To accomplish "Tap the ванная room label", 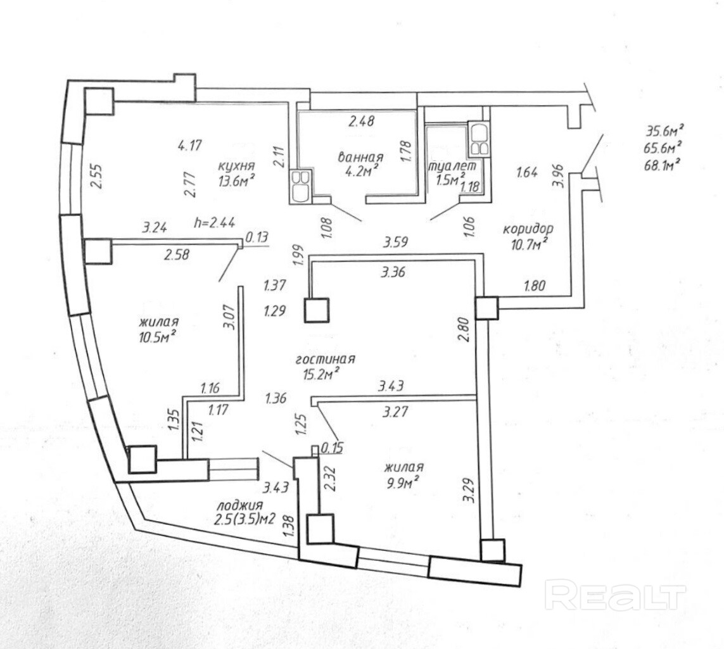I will [x=362, y=158].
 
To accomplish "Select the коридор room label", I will [x=528, y=229].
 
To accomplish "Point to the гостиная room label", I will [x=326, y=359].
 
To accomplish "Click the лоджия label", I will [x=239, y=505].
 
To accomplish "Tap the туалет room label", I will [x=452, y=167].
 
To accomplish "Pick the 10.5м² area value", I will [x=157, y=336].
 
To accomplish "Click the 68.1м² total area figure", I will [x=664, y=164].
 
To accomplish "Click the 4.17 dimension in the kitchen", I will [x=189, y=146].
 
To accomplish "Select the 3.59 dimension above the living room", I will [x=394, y=241].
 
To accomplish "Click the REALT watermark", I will [x=615, y=596].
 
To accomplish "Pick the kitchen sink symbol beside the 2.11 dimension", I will [x=300, y=185].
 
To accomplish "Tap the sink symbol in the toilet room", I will [x=478, y=139].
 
